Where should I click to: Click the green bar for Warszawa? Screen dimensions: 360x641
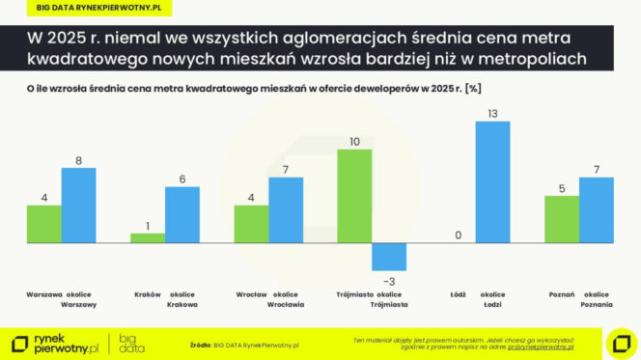point(43,223)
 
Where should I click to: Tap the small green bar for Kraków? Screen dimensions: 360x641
point(147,236)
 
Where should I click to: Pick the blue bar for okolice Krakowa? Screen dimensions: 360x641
point(182,213)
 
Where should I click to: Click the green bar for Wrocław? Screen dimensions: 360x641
point(251,223)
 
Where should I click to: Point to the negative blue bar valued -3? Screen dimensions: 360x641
point(389,256)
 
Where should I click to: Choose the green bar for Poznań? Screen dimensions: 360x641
point(562,219)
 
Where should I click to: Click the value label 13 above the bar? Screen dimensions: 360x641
point(492,113)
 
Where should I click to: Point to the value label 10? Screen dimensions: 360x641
point(354,141)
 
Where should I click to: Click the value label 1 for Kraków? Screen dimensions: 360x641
point(147,225)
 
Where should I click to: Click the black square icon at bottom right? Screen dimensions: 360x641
point(618,343)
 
